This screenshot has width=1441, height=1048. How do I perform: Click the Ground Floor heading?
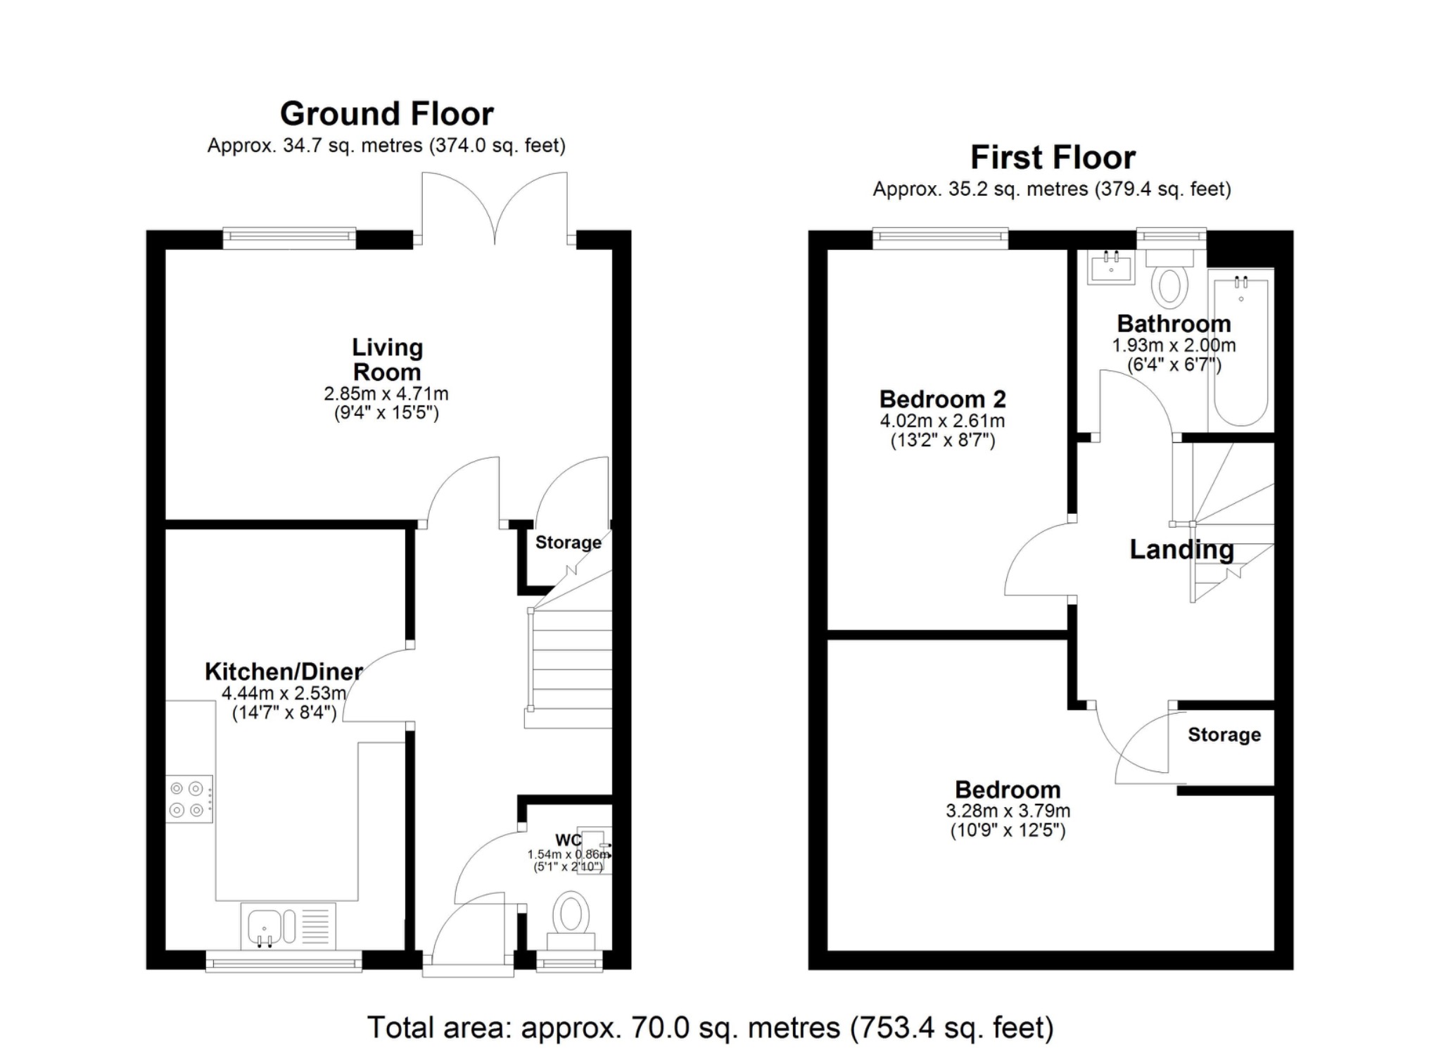pos(386,114)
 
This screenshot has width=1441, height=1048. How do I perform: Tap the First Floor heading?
pos(1053,158)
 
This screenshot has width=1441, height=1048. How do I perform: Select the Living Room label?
pos(387,360)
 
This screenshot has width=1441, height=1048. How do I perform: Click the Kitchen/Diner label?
pos(284,671)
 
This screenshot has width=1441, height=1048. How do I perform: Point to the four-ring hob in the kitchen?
pos(188,800)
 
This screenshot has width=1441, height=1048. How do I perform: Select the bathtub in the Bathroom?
pos(1240,351)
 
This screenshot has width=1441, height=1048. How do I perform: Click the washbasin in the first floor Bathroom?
pos(1111,267)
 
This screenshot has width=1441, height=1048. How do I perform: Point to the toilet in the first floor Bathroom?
pos(1169,281)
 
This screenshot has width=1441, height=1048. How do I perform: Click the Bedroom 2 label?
pos(942,400)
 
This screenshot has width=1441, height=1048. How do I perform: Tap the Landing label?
pos(1181,550)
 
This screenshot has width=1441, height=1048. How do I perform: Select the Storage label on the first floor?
pos(1224,735)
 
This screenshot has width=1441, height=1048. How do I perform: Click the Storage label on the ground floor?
pos(568,543)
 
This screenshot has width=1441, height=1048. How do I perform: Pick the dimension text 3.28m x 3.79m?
pos(1008,811)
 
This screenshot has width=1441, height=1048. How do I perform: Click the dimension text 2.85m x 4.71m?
pos(386,394)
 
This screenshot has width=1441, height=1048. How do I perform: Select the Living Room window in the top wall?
pos(289,239)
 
